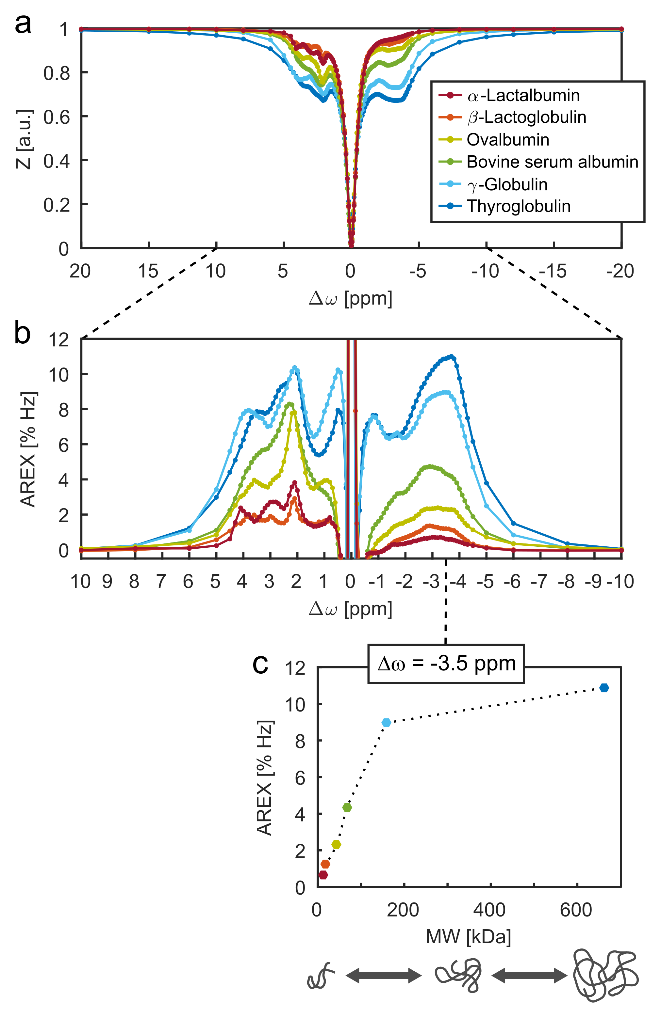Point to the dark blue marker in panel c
point(603,688)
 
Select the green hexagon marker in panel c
point(347,807)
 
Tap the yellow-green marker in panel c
point(337,844)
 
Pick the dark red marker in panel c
point(323,875)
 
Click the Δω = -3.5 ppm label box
point(446,664)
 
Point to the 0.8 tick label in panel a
point(57,73)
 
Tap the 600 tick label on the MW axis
point(576,910)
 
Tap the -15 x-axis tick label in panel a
point(553,271)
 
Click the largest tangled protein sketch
point(604,975)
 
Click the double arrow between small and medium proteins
point(383,976)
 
